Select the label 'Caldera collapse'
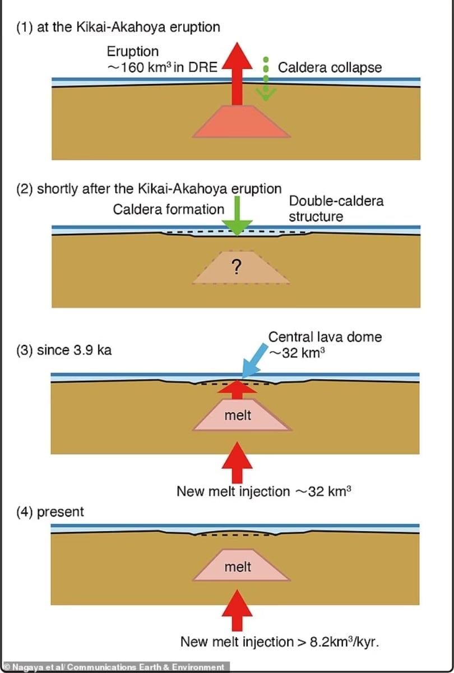point(330,68)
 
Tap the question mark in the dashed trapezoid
point(237,269)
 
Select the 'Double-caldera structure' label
point(336,209)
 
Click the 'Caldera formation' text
point(168,209)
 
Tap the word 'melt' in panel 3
point(238,416)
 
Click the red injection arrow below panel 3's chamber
point(238,462)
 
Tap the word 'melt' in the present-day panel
point(238,567)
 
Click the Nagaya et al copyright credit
point(115,667)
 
